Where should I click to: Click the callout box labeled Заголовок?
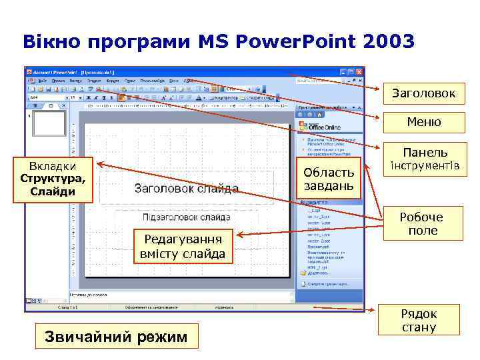tap(424, 94)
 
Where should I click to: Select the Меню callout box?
tap(424, 122)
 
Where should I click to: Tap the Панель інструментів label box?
tap(424, 159)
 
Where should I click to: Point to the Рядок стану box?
tap(419, 321)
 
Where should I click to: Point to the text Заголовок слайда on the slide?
tap(187, 189)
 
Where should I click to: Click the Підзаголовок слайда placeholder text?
tap(187, 217)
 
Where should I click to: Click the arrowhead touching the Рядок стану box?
tap(374, 310)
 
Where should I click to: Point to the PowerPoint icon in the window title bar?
tap(29, 71)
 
